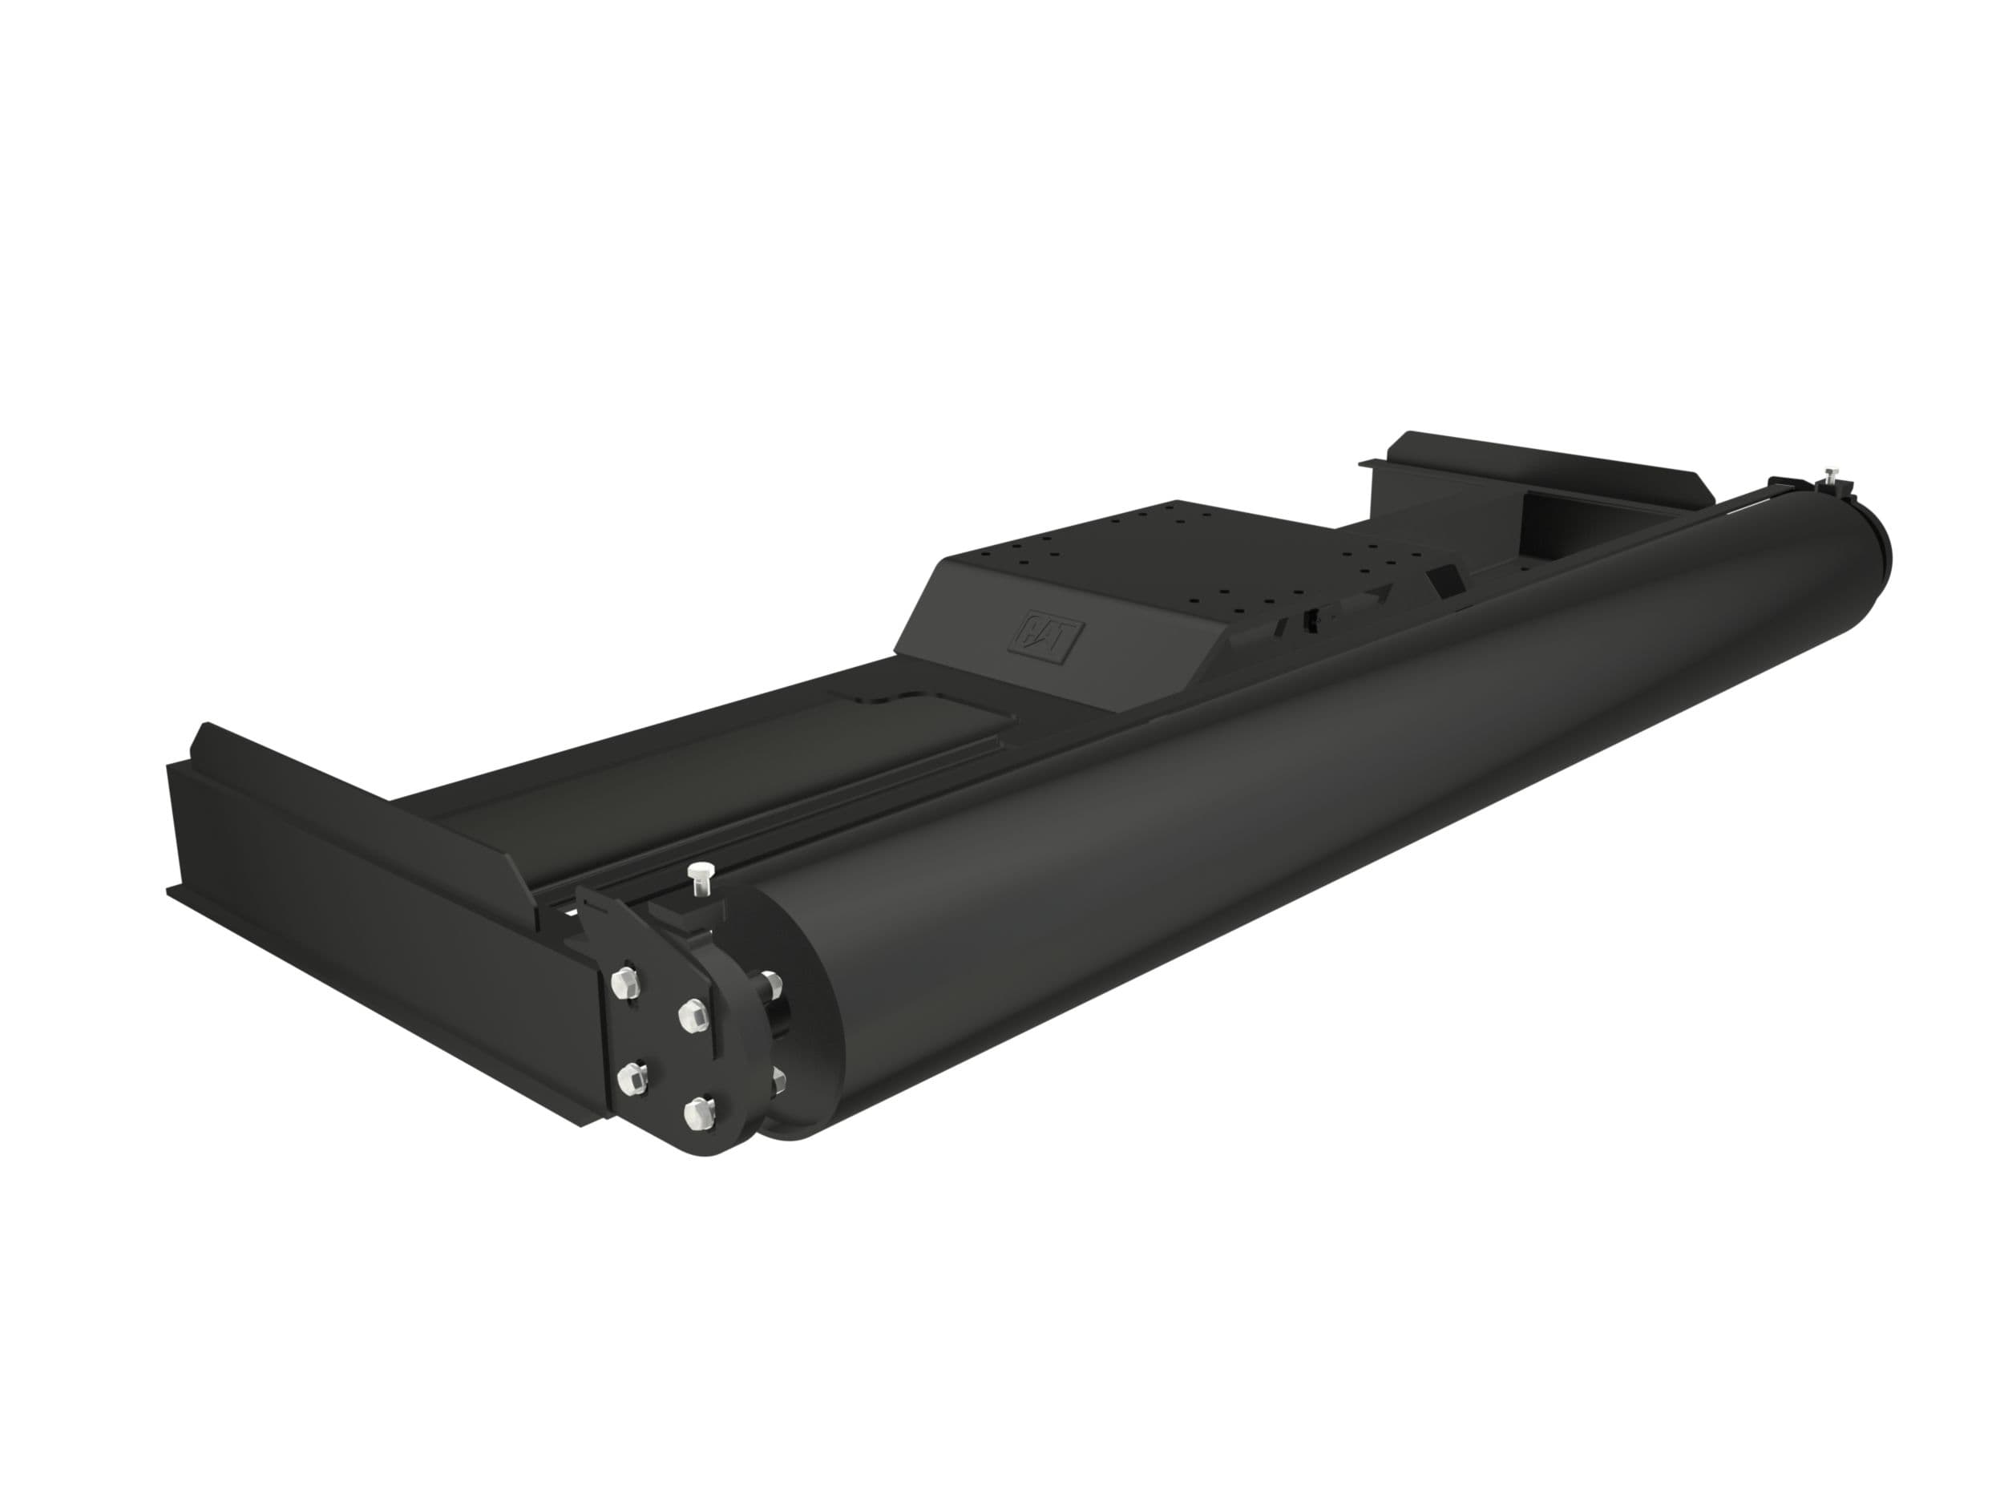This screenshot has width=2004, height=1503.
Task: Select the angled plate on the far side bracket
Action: coord(1540,471)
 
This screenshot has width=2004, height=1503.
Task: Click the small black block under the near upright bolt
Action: coord(697,915)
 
